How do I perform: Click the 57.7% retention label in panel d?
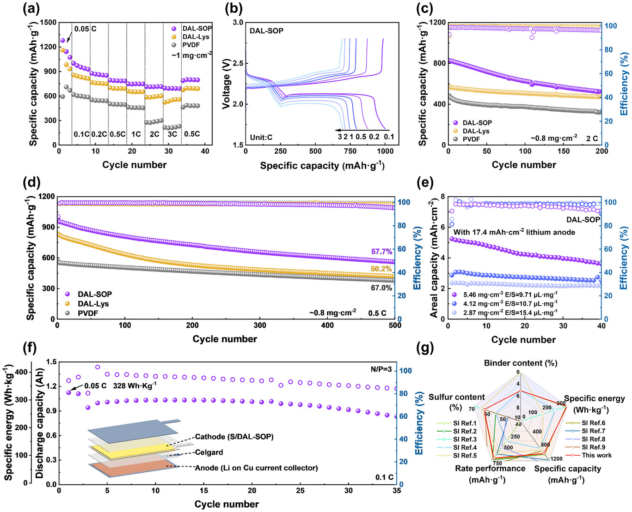381,252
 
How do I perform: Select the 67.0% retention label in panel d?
381,288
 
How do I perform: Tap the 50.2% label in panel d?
381,269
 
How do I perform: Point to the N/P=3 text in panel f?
381,369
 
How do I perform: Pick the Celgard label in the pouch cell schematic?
209,452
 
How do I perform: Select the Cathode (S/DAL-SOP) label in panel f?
234,436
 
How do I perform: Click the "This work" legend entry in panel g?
596,455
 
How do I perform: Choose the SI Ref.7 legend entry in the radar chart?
593,431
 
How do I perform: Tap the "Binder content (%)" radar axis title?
521,363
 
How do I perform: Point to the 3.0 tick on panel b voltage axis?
238,23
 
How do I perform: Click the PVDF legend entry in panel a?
190,45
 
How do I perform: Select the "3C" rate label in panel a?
172,134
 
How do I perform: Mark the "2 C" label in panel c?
592,138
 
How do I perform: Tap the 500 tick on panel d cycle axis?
394,325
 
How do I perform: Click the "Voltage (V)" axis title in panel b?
226,83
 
